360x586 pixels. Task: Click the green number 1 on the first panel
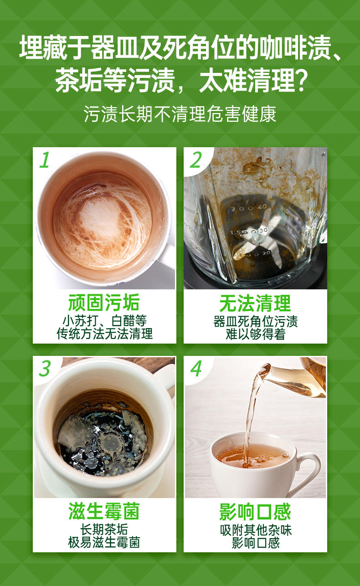click(x=45, y=160)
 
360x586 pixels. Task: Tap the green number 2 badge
click(x=195, y=160)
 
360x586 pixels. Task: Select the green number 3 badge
click(x=45, y=369)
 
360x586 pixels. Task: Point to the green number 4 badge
click(x=196, y=369)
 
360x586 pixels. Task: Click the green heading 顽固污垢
click(x=104, y=303)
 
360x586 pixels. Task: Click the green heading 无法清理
click(x=255, y=303)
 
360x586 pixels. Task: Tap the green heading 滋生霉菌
click(x=104, y=511)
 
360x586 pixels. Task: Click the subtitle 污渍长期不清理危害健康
click(x=180, y=114)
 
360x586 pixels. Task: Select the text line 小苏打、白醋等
click(x=104, y=320)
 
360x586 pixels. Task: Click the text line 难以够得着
click(x=255, y=334)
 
